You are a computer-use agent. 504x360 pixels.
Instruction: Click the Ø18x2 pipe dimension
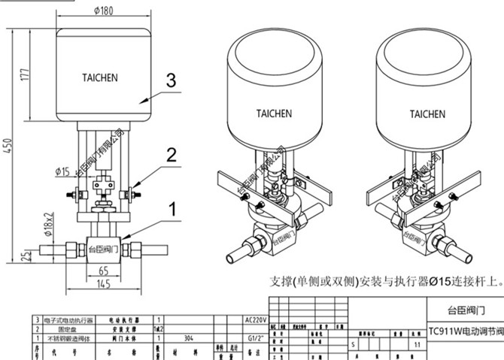click(x=47, y=223)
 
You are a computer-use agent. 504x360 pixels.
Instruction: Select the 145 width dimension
click(x=104, y=283)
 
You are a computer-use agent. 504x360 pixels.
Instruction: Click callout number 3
click(x=171, y=80)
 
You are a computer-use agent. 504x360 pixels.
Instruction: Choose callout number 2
click(x=171, y=156)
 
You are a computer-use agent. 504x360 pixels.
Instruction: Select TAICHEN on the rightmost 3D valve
click(x=427, y=114)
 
